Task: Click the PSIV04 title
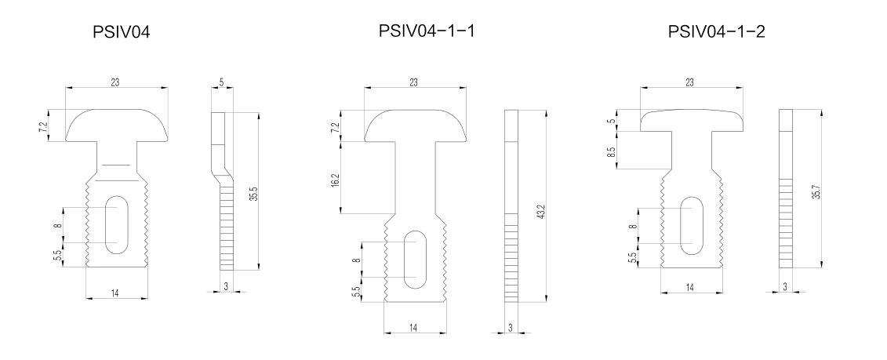coord(121,32)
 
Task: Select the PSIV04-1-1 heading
coord(427,31)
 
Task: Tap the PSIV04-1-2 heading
coord(716,31)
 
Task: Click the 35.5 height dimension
coord(255,192)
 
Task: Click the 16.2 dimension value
coord(336,181)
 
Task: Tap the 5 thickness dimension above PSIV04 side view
coord(221,82)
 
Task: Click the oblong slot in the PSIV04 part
coord(117,224)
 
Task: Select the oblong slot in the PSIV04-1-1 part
coord(416,259)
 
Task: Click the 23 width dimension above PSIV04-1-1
coord(413,82)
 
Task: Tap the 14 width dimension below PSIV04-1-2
coord(690,288)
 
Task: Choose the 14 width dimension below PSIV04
coord(115,293)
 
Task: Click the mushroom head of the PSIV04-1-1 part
coord(416,125)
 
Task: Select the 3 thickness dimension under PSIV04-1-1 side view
coord(511,327)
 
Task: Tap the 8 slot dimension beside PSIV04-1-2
coord(633,226)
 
